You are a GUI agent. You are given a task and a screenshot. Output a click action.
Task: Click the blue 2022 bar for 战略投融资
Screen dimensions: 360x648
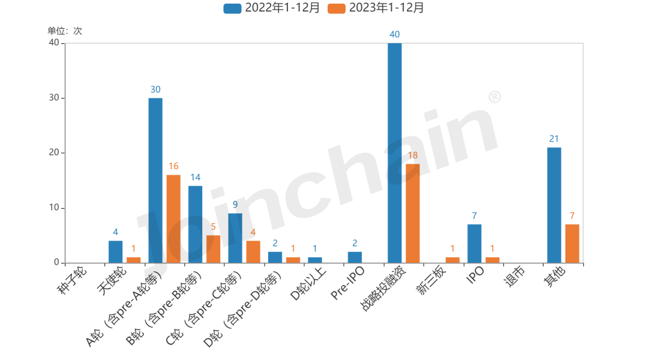395,153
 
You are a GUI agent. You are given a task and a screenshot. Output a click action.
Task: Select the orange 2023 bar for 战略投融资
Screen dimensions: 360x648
413,213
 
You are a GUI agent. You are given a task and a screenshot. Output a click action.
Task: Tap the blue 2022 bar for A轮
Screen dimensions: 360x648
155,180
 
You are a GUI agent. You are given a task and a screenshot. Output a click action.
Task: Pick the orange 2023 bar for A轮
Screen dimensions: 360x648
173,218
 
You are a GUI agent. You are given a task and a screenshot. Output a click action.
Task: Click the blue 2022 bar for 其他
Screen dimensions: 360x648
554,205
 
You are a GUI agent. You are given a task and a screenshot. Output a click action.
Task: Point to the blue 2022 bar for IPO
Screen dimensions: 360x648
474,243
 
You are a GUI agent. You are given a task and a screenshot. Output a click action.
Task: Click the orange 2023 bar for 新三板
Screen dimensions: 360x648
452,260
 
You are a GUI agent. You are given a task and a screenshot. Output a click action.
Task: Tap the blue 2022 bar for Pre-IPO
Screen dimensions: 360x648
355,257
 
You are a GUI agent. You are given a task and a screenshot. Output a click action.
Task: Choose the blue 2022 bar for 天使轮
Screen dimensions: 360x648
115,251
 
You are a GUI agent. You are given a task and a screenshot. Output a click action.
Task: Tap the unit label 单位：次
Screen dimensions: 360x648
65,31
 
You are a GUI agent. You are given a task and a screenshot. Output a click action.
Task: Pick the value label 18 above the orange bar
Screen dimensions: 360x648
413,155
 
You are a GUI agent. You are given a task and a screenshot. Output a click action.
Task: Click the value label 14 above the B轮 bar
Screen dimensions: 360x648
195,177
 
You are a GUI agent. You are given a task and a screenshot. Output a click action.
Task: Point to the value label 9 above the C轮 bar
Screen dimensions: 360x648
235,205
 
